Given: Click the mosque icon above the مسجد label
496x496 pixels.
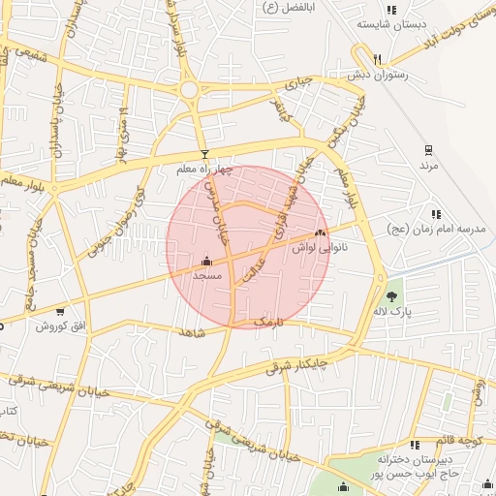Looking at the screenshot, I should [x=206, y=261].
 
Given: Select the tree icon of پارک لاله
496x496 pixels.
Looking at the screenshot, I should [x=391, y=297].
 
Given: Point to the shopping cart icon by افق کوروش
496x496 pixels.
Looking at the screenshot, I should [x=60, y=311].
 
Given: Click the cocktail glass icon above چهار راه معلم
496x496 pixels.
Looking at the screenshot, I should [x=203, y=154].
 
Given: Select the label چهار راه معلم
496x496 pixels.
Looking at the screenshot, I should [x=204, y=170].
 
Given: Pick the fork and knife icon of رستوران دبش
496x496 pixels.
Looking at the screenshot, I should [x=378, y=58].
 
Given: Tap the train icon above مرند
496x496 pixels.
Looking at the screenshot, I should [x=427, y=150].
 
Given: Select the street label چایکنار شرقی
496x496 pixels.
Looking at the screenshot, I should [x=296, y=364].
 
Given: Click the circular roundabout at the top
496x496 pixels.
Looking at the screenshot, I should [x=189, y=91].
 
